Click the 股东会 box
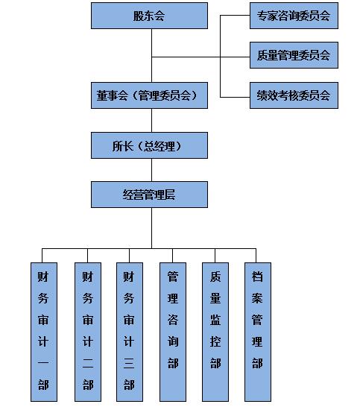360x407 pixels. coord(149,16)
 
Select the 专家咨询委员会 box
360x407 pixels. coord(294,16)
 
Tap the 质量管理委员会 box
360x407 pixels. coord(294,55)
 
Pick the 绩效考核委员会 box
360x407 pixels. coord(294,95)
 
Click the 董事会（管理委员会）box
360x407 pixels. coord(149,95)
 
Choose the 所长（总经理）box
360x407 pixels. coord(149,145)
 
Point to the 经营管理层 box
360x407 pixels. coord(149,195)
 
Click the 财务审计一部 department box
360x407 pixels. coord(44,332)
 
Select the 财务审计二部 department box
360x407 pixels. coord(88,332)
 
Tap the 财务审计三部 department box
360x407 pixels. coord(130,332)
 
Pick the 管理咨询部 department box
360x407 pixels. coord(173,332)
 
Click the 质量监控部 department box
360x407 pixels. coord(215,332)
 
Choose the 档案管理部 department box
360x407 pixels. coord(258,332)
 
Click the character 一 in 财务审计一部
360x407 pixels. coord(43,362)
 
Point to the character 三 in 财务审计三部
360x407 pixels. coord(129,363)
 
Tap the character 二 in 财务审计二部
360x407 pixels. coord(88,363)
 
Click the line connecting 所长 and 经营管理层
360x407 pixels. coord(152,170)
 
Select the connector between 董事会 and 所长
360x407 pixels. coord(152,121)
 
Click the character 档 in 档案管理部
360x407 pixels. coord(257,277)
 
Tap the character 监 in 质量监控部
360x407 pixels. coord(215,320)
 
